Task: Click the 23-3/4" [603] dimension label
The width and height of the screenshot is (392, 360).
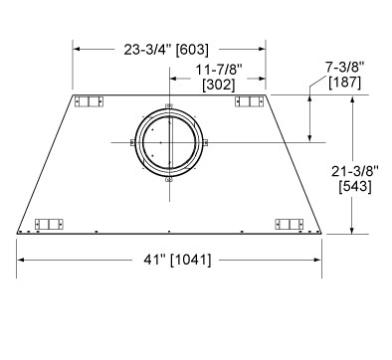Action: pyautogui.click(x=166, y=50)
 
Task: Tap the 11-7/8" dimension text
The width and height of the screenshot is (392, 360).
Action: pyautogui.click(x=219, y=71)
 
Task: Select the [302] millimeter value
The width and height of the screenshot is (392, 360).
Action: pyautogui.click(x=219, y=85)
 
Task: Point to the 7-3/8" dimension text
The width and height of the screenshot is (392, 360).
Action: pyautogui.click(x=344, y=68)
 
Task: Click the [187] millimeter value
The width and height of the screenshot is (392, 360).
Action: pyautogui.click(x=344, y=82)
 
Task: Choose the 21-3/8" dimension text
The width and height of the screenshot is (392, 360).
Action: pyautogui.click(x=355, y=171)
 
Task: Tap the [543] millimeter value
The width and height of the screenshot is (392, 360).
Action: pyautogui.click(x=355, y=186)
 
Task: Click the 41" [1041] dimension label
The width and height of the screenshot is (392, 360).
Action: pyautogui.click(x=177, y=260)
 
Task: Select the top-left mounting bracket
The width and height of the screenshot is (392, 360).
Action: pyautogui.click(x=89, y=101)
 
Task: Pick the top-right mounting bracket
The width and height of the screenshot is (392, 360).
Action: pyautogui.click(x=250, y=101)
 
